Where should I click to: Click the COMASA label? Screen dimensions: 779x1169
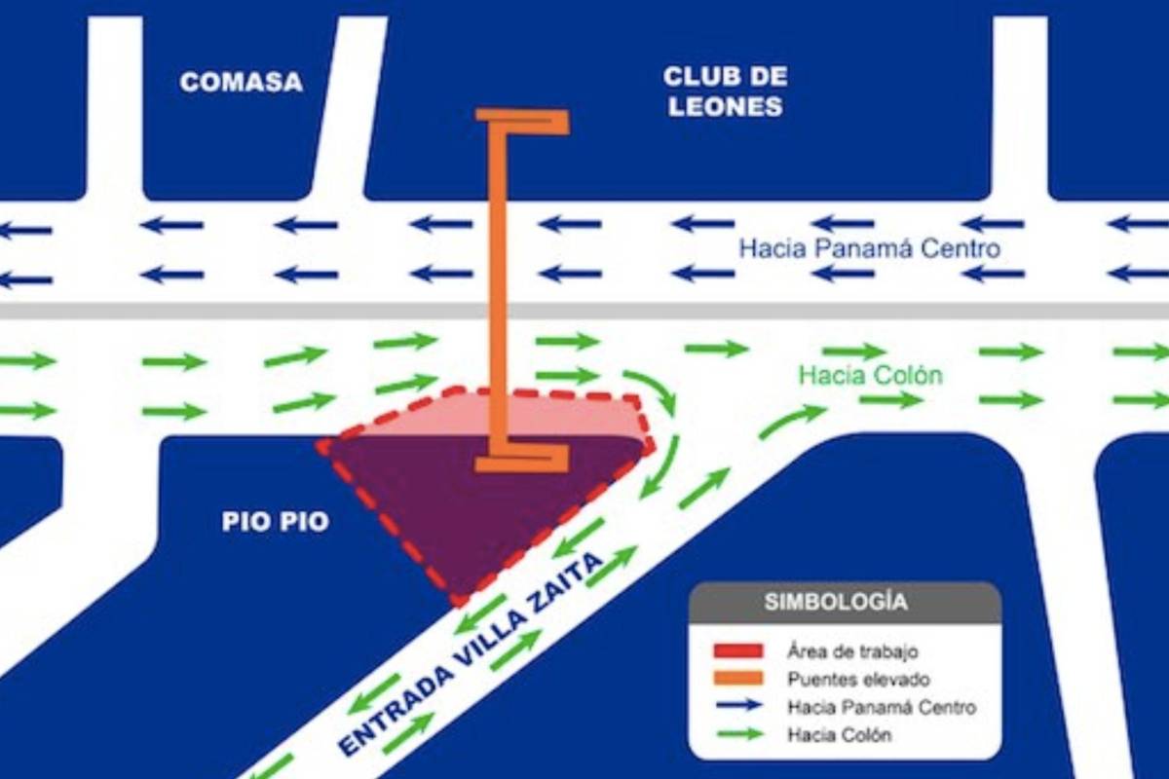tap(241, 82)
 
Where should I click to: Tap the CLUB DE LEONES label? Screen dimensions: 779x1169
tap(725, 92)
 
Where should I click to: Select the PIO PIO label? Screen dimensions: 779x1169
tap(275, 522)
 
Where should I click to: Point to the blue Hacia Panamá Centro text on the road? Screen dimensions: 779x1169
tap(869, 248)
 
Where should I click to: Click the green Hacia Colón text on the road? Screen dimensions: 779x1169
tap(871, 375)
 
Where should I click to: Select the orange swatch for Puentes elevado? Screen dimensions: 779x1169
tap(737, 680)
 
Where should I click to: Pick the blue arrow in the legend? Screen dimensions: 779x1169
tap(737, 708)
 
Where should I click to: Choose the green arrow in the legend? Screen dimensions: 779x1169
tap(737, 736)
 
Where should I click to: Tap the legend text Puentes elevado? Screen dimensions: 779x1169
tap(858, 680)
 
